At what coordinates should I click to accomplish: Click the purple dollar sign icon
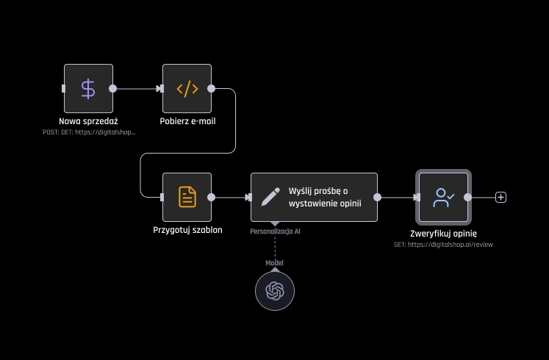pos(88,89)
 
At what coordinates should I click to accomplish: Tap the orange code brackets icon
pos(187,89)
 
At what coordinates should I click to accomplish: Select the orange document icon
pos(187,197)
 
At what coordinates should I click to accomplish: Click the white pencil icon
pos(270,197)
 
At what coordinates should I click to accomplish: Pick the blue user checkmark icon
pos(444,197)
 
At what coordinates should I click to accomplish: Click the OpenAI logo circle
pos(275,290)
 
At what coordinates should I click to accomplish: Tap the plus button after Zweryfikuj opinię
pos(500,197)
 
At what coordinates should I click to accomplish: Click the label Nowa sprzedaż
pos(88,120)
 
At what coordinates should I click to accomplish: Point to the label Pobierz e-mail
pos(187,120)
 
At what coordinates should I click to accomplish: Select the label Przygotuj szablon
pos(187,229)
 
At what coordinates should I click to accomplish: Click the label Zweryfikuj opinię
pos(444,234)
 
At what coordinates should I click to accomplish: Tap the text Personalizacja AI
pos(275,231)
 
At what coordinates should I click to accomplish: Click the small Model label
pos(275,262)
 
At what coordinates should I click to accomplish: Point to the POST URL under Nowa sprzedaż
pos(89,132)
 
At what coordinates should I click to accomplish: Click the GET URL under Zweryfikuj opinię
pos(443,244)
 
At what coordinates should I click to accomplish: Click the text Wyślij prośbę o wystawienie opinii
pos(325,197)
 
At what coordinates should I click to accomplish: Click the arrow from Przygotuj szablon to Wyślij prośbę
pos(230,197)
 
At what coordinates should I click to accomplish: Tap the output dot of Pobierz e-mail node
pos(212,89)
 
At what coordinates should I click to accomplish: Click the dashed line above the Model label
pos(275,247)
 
